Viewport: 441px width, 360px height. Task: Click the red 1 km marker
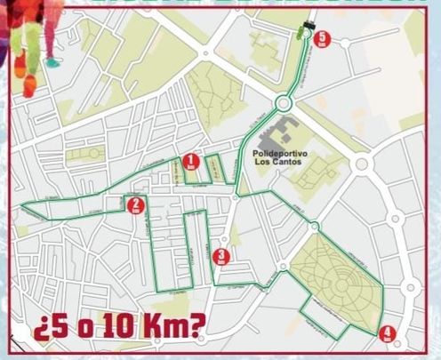189,161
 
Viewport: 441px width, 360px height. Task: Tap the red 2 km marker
135,205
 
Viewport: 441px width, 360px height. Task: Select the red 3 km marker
221,258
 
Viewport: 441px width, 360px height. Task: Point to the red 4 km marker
386,334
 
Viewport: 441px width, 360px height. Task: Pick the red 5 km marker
322,39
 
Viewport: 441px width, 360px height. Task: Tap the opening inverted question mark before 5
39,331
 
